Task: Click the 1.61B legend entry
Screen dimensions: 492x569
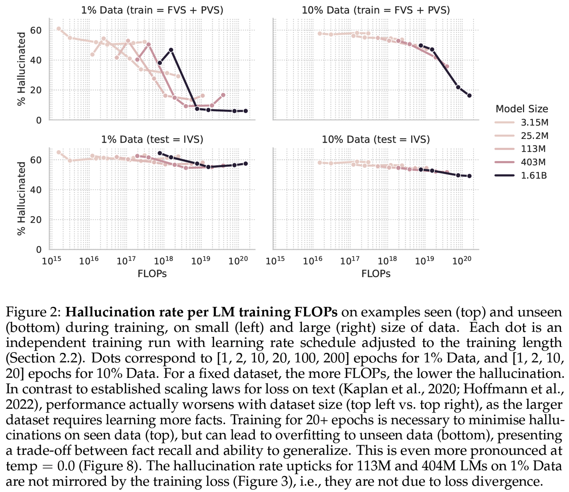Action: pyautogui.click(x=533, y=175)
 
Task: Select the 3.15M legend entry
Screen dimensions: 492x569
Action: pyautogui.click(x=534, y=123)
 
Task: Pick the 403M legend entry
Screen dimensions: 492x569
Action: pyautogui.click(x=533, y=162)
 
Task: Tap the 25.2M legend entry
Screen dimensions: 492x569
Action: pyautogui.click(x=534, y=136)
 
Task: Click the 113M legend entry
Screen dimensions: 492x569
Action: pyautogui.click(x=533, y=149)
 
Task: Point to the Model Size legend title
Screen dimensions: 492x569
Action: pyautogui.click(x=522, y=109)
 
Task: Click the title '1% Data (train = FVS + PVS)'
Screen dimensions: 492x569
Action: pyautogui.click(x=152, y=10)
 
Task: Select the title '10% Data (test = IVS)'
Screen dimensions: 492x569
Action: pyautogui.click(x=376, y=140)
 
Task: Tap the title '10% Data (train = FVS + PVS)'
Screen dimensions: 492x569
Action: pyautogui.click(x=376, y=10)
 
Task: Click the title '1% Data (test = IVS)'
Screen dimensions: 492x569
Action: pyautogui.click(x=152, y=140)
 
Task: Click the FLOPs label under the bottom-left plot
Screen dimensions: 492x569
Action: pyautogui.click(x=152, y=274)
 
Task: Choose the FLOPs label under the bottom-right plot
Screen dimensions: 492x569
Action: pyautogui.click(x=376, y=274)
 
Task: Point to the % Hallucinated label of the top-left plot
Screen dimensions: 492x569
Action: pyautogui.click(x=22, y=69)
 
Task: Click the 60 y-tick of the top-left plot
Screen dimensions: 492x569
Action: pyautogui.click(x=36, y=30)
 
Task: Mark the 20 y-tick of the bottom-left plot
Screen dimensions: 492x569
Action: pyautogui.click(x=36, y=220)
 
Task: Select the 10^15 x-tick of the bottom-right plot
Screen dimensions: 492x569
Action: pyautogui.click(x=275, y=261)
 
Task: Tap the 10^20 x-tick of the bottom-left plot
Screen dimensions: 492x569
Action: pyautogui.click(x=238, y=261)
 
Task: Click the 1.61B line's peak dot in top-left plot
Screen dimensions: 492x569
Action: pyautogui.click(x=171, y=50)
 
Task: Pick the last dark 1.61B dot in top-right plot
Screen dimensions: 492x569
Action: pyautogui.click(x=469, y=96)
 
